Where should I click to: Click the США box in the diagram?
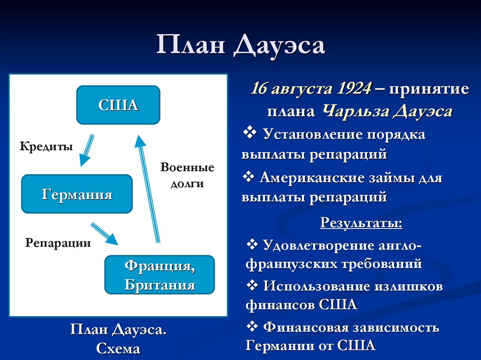[x=118, y=105]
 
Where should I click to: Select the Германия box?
[x=77, y=194]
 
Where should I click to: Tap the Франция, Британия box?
[x=160, y=275]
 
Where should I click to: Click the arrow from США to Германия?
[x=86, y=150]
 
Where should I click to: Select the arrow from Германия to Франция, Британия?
[x=104, y=234]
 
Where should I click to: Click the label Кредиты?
[x=46, y=146]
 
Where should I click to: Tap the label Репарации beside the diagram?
[x=58, y=243]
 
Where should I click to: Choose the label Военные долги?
[x=187, y=175]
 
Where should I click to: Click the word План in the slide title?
[x=190, y=46]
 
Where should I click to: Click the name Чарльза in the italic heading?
[x=353, y=112]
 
